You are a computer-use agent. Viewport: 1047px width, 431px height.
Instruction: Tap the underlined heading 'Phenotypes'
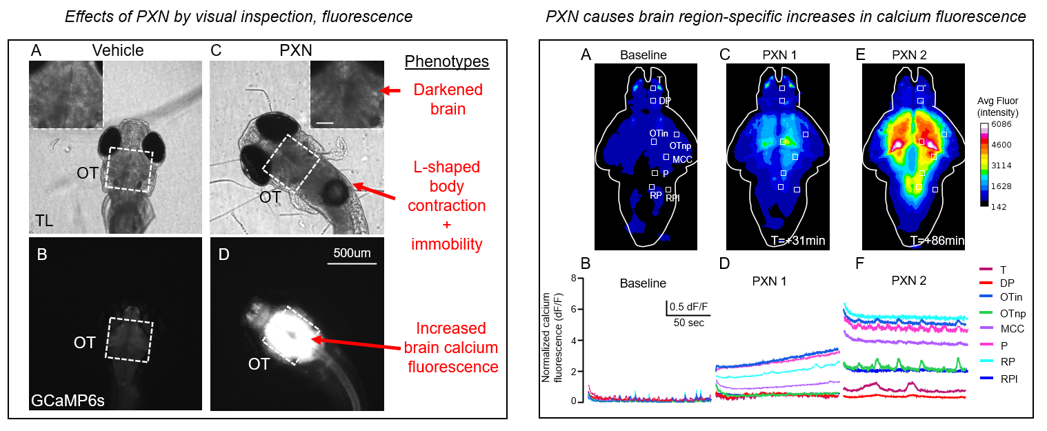coord(446,61)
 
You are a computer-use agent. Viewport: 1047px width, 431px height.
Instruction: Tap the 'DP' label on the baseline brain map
coord(665,101)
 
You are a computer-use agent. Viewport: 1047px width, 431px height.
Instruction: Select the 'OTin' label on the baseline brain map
coord(659,132)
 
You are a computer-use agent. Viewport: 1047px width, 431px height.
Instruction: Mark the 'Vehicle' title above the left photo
coord(119,50)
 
